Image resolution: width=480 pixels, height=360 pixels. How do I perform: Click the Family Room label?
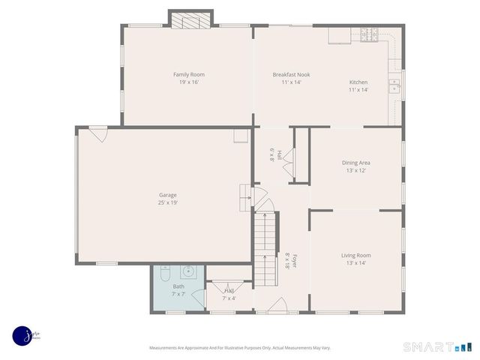[x=188, y=74]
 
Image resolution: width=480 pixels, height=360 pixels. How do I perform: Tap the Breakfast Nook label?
[x=291, y=74]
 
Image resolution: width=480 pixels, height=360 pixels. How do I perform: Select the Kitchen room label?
[x=358, y=82]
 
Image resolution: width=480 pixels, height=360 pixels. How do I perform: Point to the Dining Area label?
[x=356, y=162]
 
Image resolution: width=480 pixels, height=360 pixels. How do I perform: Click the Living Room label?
[x=356, y=255]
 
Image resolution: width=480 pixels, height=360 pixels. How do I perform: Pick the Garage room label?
[x=167, y=195]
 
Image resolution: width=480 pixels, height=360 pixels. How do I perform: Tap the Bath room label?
[x=178, y=286]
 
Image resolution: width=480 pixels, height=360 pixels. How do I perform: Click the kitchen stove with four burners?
[x=370, y=34]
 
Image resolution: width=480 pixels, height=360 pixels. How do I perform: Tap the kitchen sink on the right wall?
[x=394, y=87]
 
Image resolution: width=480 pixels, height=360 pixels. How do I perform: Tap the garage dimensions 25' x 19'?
[x=167, y=202]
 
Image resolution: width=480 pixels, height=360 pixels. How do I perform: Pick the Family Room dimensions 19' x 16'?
[x=188, y=82]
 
